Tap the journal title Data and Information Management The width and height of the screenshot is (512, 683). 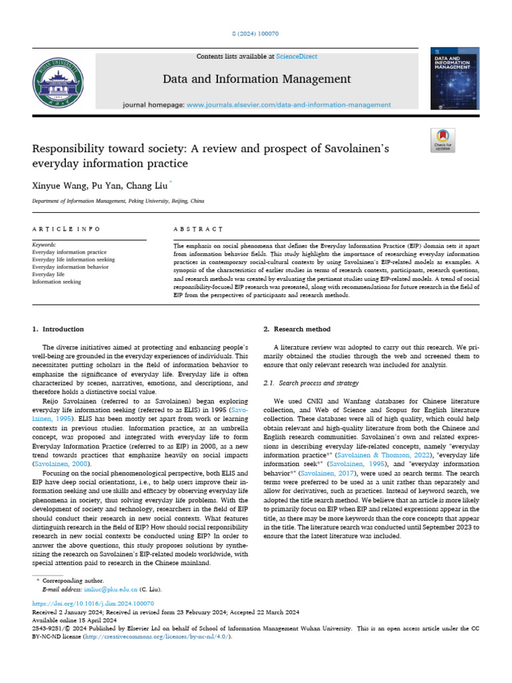point(257,79)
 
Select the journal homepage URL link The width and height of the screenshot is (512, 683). point(289,105)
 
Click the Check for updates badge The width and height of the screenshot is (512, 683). point(443,139)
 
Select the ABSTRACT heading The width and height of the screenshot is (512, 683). point(198,229)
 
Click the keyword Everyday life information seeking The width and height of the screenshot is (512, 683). point(73,259)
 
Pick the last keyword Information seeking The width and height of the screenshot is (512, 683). point(57,281)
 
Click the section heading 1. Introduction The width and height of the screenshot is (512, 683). point(59,329)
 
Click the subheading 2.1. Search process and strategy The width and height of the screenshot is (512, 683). point(311,384)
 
